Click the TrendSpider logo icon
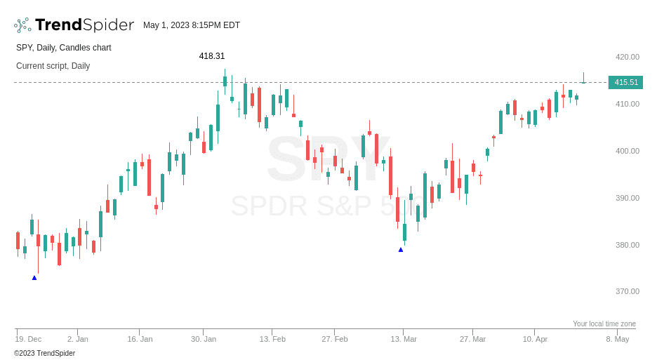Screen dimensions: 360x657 22,25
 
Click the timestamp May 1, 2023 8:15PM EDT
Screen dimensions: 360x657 192,25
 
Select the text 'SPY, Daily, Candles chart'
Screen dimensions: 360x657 64,48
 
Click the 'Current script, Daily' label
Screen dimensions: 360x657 53,66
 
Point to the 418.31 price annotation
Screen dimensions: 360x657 212,56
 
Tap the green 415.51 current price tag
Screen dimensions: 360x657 626,82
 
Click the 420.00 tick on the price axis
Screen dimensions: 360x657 628,57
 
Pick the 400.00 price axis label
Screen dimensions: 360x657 628,151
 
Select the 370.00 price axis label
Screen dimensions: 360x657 628,291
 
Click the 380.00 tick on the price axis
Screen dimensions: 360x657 628,245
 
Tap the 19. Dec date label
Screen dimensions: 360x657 28,339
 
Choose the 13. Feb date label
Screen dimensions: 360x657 272,339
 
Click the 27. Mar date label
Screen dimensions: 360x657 472,339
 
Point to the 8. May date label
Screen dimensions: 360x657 618,339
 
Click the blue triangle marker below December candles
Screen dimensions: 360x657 34,278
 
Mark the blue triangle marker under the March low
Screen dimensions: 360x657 401,250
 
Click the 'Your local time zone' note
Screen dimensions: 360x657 604,324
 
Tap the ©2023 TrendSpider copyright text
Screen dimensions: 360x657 45,354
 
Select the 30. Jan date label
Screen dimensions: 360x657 204,339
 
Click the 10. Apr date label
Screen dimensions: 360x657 535,339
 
